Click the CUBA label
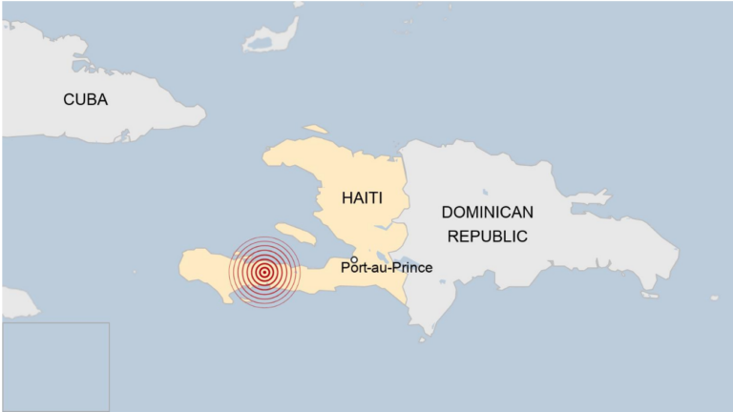coord(85,99)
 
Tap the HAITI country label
coord(362,197)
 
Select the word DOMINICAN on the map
coord(487,212)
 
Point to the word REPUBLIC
coord(487,236)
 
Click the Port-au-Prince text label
coord(387,268)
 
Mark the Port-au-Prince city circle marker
coord(354,259)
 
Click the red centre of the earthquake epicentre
coord(264,273)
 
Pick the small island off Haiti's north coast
coord(316,130)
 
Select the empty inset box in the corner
coord(54,366)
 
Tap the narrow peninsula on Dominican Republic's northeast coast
coord(589,198)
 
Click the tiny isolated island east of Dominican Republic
coord(714,298)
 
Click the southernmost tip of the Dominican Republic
coord(423,334)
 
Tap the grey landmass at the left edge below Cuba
coord(17,303)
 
